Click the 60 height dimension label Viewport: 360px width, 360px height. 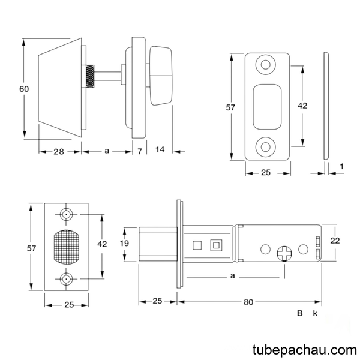click(x=24, y=89)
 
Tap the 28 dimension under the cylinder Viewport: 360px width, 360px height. click(x=59, y=152)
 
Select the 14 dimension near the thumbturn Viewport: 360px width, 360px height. click(x=160, y=149)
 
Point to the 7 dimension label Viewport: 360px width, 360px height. click(x=140, y=151)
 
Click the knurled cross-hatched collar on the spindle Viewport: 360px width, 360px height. click(x=90, y=76)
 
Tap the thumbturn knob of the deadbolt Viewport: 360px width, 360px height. click(x=161, y=76)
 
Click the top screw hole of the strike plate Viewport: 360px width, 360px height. click(x=266, y=65)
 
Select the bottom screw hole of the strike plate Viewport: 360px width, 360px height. click(x=266, y=147)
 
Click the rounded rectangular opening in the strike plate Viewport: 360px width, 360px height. click(x=267, y=107)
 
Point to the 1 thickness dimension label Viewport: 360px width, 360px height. click(x=342, y=166)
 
